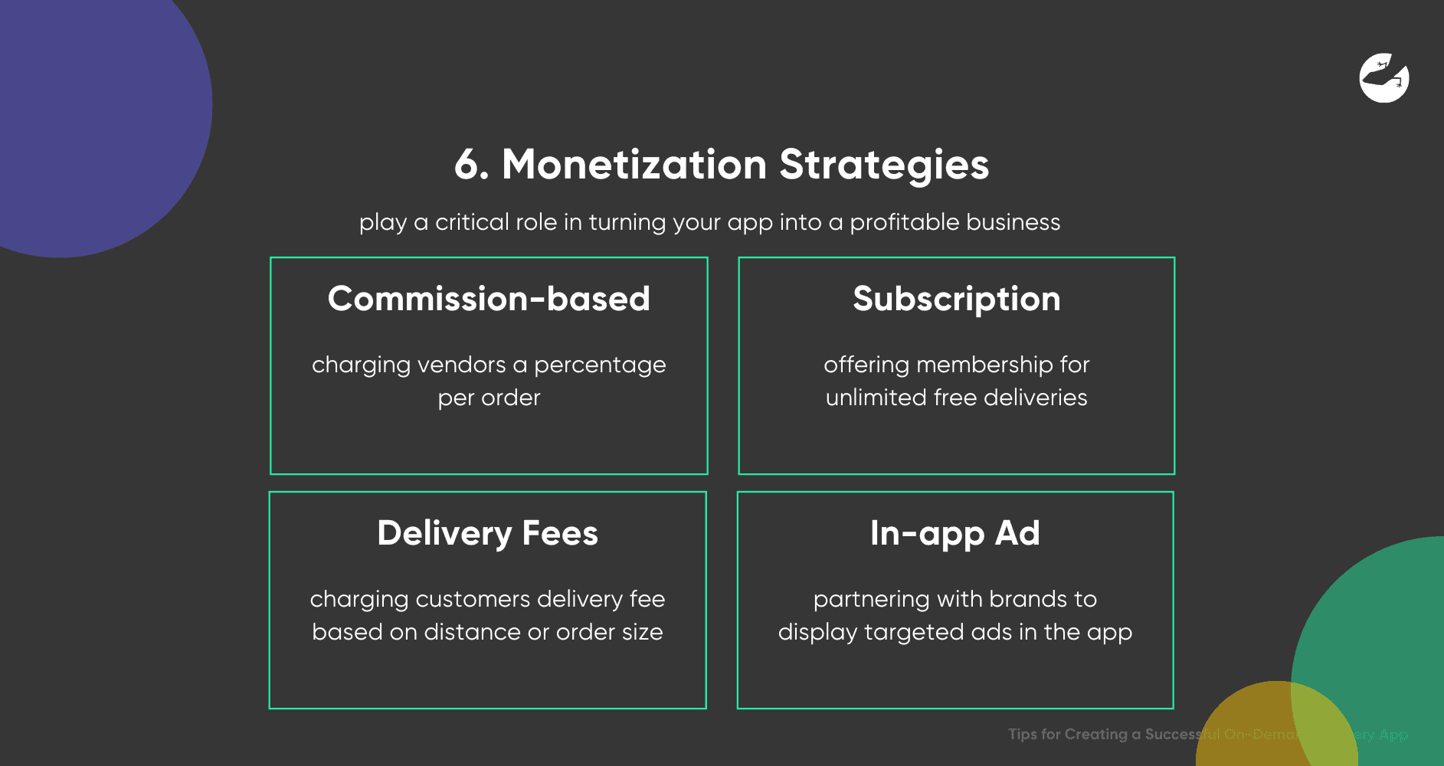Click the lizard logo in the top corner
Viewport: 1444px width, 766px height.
(x=1384, y=77)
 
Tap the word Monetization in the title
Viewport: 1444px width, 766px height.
(x=634, y=165)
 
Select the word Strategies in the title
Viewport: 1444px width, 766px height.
(x=884, y=165)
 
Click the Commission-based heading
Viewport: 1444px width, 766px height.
(x=489, y=299)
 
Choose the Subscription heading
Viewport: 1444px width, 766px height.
(x=956, y=299)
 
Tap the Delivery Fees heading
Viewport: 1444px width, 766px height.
(x=487, y=533)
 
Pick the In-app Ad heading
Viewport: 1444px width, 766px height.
(x=954, y=533)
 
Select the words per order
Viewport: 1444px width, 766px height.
(x=489, y=398)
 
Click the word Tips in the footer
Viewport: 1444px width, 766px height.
(x=1022, y=734)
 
